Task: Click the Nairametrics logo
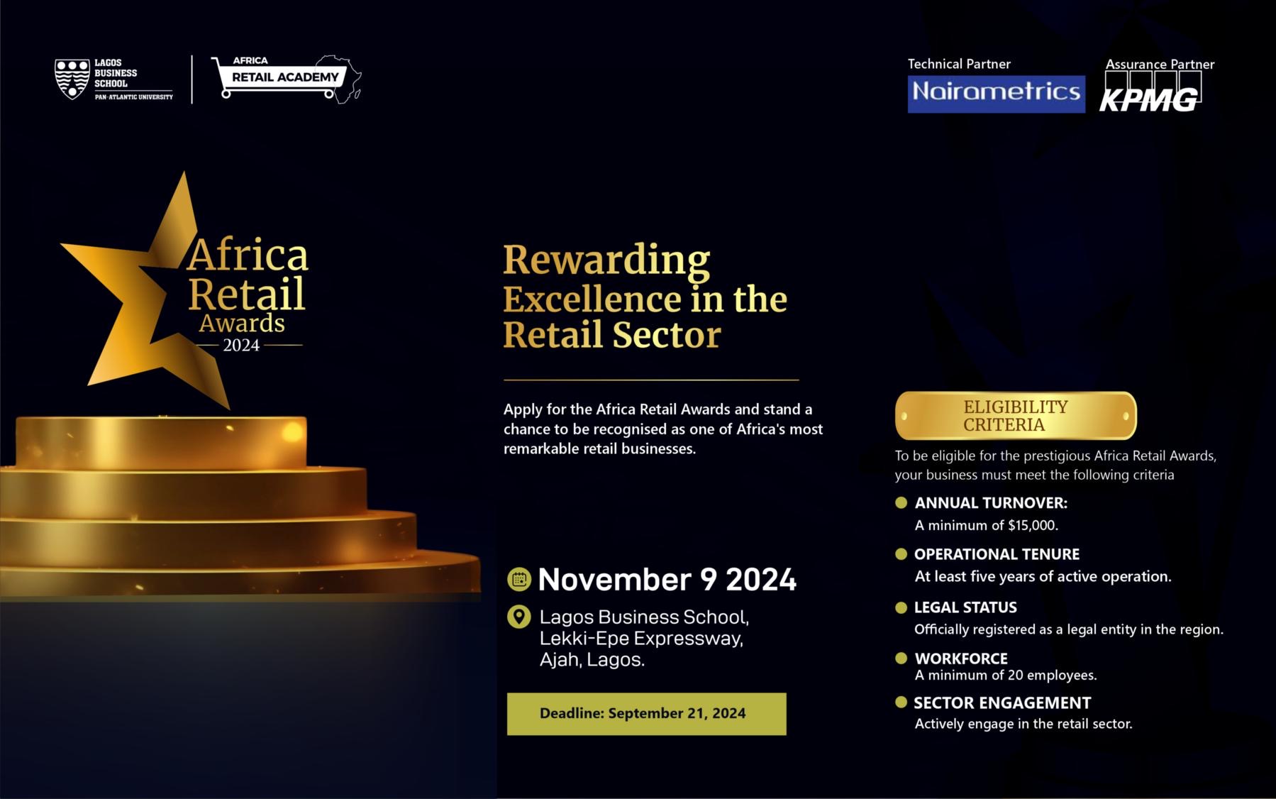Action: (x=996, y=94)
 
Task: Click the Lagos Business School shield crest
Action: (x=72, y=79)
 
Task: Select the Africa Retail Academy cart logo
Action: (x=287, y=77)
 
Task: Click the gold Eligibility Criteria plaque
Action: (x=1016, y=416)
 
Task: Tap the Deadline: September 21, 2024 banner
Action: (x=646, y=714)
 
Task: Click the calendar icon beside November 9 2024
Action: (x=519, y=580)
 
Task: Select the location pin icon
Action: (x=519, y=617)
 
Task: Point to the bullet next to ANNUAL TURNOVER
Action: (x=901, y=502)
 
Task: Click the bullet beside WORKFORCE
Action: (x=901, y=658)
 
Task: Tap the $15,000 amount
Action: (x=1032, y=526)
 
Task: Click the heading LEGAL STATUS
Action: (x=965, y=607)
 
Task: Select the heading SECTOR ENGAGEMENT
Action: (x=1002, y=703)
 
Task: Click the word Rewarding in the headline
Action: (x=606, y=260)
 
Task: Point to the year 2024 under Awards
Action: (x=241, y=346)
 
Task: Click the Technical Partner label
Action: (x=959, y=64)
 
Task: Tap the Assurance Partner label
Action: (x=1160, y=65)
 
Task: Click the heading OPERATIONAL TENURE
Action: (x=997, y=554)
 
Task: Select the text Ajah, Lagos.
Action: (x=592, y=660)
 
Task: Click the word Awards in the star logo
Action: (x=242, y=324)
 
